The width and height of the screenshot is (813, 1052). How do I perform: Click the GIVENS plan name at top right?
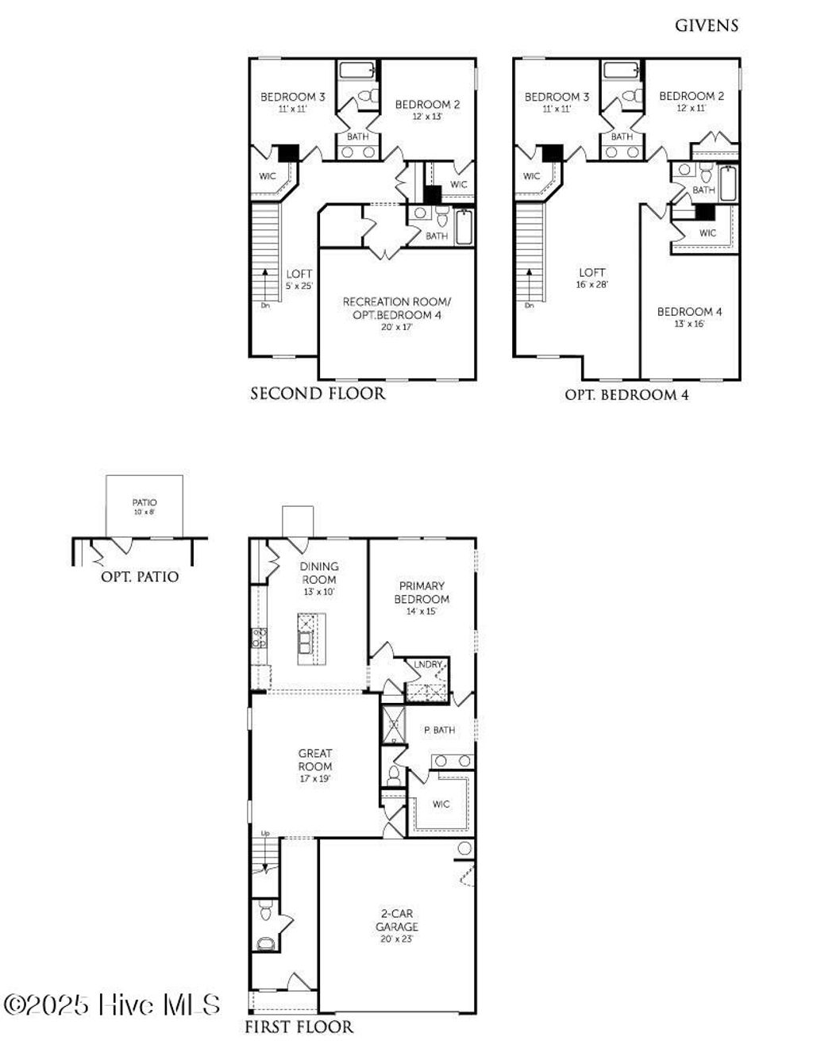click(x=706, y=25)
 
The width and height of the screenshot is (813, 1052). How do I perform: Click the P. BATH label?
click(x=439, y=730)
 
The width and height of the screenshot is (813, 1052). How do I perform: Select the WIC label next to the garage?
click(x=441, y=804)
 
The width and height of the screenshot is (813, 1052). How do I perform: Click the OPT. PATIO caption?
click(x=140, y=577)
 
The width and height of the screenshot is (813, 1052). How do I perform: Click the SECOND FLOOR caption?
click(x=318, y=394)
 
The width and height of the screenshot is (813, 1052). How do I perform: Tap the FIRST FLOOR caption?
click(x=299, y=1027)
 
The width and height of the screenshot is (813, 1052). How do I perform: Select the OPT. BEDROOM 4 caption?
click(x=626, y=395)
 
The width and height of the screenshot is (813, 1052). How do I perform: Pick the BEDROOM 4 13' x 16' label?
click(x=689, y=317)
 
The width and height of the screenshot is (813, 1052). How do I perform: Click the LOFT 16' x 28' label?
click(x=591, y=278)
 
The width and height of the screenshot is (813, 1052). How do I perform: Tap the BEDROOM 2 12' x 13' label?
click(x=427, y=109)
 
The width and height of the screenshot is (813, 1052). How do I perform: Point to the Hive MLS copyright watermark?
click(x=112, y=1005)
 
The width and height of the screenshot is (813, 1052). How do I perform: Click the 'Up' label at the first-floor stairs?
click(x=266, y=833)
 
